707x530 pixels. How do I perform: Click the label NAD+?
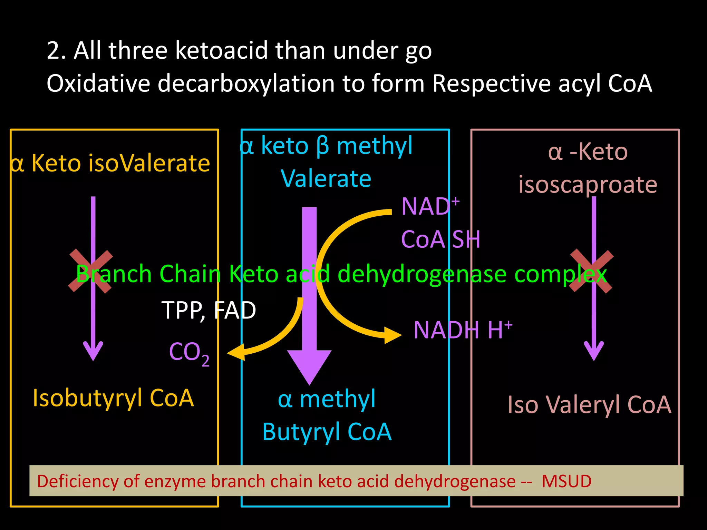coord(429,206)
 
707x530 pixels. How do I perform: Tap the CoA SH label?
coord(440,239)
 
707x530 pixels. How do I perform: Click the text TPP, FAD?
coord(209,310)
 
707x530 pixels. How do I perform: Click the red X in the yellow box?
coord(91,272)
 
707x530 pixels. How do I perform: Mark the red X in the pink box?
coord(591,272)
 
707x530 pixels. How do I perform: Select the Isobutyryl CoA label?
coord(113,398)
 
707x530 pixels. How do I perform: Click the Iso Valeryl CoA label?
coord(589,404)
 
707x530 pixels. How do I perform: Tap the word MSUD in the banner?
coord(566,481)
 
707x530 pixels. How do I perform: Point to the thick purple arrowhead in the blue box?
coord(309,366)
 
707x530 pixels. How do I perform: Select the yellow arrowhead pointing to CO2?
coord(236,353)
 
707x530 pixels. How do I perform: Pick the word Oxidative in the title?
coord(98,84)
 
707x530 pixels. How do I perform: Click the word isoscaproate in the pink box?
coord(588,185)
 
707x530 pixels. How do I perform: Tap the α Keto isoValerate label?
coord(110,163)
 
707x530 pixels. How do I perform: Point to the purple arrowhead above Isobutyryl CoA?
coord(93,350)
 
